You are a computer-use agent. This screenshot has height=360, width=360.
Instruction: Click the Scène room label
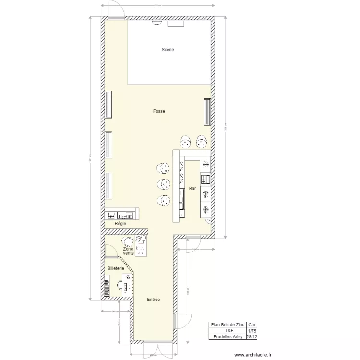[x=168, y=50]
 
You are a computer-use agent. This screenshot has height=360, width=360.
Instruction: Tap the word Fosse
[x=159, y=111]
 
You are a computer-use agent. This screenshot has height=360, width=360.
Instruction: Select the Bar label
[x=192, y=189]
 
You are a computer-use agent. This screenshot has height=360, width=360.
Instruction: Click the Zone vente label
[x=128, y=251]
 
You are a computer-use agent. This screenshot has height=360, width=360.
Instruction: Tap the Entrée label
[x=154, y=300]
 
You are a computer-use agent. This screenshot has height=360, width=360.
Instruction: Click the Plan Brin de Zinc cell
[x=227, y=325]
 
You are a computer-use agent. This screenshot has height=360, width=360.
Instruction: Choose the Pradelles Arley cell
[x=227, y=337]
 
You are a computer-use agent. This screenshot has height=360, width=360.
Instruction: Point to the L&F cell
[x=227, y=331]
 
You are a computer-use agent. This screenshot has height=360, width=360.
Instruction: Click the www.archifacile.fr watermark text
[x=253, y=355]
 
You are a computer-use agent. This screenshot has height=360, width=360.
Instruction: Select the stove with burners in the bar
[x=205, y=180]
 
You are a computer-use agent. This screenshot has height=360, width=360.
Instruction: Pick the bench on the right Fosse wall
[x=207, y=112]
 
